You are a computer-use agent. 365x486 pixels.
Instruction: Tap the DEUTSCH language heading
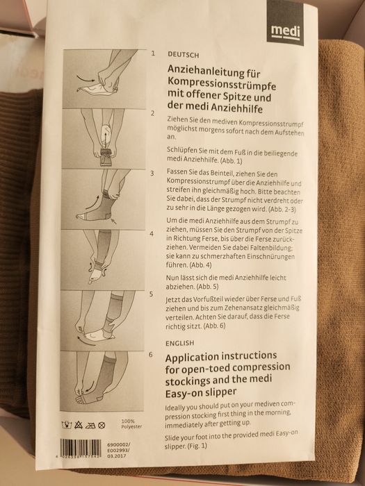pyautogui.click(x=183, y=55)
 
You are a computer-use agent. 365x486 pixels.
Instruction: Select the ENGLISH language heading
pyautogui.click(x=179, y=343)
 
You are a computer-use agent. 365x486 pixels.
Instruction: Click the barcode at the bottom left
pyautogui.click(x=81, y=449)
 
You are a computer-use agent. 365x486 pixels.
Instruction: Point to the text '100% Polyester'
pyautogui.click(x=131, y=424)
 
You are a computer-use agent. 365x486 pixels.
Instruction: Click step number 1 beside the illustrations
pyautogui.click(x=153, y=53)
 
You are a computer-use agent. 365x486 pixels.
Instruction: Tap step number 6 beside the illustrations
pyautogui.click(x=151, y=355)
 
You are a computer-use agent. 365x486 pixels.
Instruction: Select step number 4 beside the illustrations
pyautogui.click(x=152, y=234)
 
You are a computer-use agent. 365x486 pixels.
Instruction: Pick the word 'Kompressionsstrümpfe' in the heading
pyautogui.click(x=222, y=84)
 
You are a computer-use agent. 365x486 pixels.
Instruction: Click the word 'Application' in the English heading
pyautogui.click(x=190, y=358)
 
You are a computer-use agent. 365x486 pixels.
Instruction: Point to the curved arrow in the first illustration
pyautogui.click(x=86, y=78)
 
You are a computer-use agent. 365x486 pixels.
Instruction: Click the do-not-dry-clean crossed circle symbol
pyautogui.click(x=102, y=425)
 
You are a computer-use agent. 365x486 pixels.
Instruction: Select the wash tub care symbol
pyautogui.click(x=66, y=425)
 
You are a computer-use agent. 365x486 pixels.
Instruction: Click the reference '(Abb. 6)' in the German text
pyautogui.click(x=214, y=326)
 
